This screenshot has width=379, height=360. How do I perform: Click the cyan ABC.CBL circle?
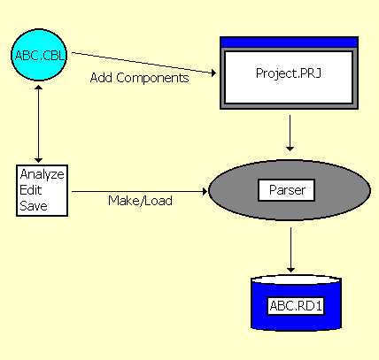[40, 56]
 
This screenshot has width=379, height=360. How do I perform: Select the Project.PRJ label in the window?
[289, 74]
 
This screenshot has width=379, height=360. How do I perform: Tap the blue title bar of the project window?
[289, 42]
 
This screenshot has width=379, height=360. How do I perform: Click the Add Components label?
[139, 78]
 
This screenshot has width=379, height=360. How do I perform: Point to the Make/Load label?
[140, 201]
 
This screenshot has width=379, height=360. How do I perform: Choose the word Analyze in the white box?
[42, 173]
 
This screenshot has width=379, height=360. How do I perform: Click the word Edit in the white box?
[31, 189]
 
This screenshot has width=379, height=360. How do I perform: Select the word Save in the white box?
[33, 205]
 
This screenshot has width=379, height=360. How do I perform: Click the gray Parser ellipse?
[230, 190]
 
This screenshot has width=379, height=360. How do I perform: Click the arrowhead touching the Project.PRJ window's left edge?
[214, 73]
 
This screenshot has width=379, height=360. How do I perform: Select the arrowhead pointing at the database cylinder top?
[290, 268]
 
